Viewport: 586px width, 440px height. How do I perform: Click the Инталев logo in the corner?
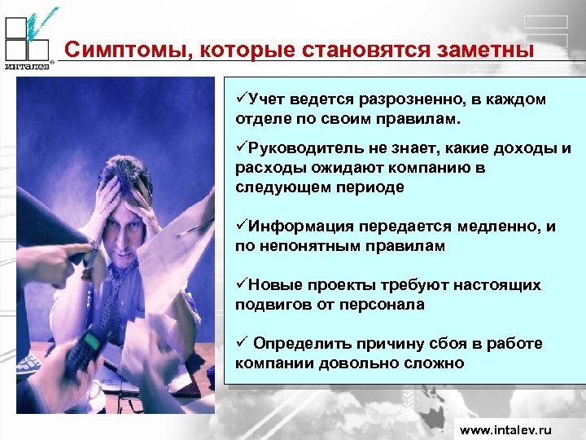28,39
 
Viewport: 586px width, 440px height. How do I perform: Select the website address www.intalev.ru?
505,429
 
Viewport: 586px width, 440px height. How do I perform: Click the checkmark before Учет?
241,99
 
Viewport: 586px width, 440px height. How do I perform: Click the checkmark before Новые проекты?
241,285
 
